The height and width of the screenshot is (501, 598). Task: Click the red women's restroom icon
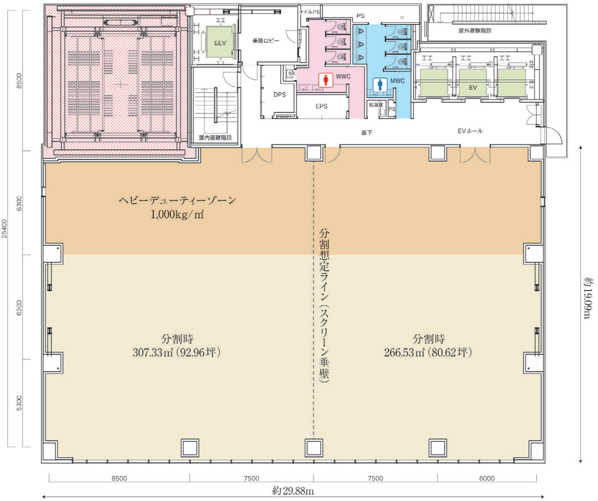tap(326, 80)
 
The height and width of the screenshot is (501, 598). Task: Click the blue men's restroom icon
tap(380, 85)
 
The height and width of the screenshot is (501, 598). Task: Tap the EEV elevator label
tap(220, 43)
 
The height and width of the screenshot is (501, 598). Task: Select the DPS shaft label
tap(280, 94)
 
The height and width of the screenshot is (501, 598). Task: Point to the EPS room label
tap(321, 106)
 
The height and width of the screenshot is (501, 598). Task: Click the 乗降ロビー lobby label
tap(266, 41)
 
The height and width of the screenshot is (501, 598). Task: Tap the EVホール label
tap(470, 131)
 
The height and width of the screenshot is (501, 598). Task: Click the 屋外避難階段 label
tap(475, 30)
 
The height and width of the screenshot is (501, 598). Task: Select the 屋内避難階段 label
tap(215, 138)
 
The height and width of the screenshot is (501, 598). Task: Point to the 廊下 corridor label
tap(367, 132)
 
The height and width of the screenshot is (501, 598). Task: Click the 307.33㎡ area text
tap(153, 352)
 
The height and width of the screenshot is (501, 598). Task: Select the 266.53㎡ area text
tap(404, 352)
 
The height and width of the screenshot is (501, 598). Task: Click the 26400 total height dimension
tap(4, 229)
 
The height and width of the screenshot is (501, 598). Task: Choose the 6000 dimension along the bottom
tap(487, 479)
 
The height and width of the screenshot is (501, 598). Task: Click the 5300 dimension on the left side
tap(19, 403)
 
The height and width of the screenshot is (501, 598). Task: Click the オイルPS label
tap(309, 12)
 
